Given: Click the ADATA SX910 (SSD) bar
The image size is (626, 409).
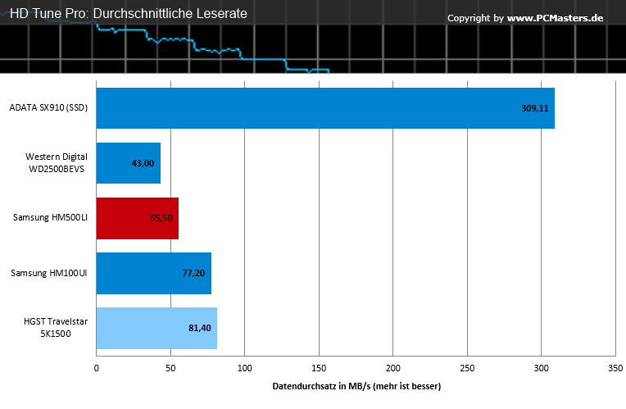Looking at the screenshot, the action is [x=325, y=108].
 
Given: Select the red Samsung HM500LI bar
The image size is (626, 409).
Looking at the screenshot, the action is [x=138, y=218].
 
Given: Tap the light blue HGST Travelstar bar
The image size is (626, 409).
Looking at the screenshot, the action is [x=156, y=328].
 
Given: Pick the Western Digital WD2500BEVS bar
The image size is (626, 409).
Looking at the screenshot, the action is [x=128, y=163].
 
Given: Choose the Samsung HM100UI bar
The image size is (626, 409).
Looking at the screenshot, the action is [x=154, y=273].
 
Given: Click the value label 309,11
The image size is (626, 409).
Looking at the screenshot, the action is [x=535, y=108].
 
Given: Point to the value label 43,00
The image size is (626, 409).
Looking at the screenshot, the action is [x=143, y=163].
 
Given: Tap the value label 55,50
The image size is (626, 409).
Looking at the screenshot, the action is [x=161, y=218].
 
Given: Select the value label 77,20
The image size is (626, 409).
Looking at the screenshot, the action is [x=193, y=273].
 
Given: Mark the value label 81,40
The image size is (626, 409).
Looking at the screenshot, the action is [x=200, y=328].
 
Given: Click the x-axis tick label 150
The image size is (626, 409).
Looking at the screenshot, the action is [x=319, y=368].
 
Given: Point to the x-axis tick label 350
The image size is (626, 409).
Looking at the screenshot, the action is [x=615, y=368].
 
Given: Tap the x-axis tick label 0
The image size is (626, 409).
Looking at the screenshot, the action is [x=96, y=368].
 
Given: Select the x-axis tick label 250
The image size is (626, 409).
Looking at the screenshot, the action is [x=467, y=368].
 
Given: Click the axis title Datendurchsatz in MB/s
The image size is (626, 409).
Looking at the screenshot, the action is [x=321, y=387].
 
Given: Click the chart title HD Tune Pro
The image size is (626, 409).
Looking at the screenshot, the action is [x=48, y=14].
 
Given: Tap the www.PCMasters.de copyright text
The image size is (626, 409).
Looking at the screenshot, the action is [x=555, y=18].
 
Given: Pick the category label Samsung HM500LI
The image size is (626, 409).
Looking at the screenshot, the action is [x=50, y=218].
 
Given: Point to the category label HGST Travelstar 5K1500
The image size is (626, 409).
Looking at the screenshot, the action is [x=56, y=328].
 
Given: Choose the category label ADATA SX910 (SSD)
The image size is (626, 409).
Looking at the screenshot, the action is [x=48, y=108].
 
